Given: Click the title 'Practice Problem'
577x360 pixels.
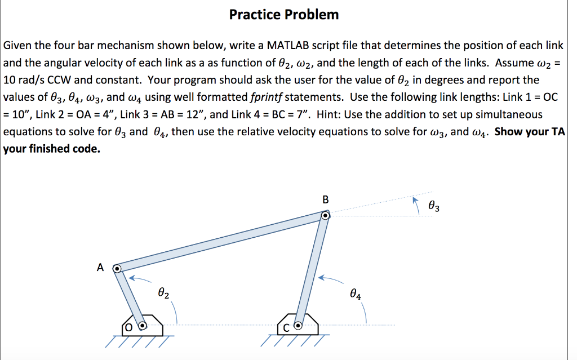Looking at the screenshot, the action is (284, 15).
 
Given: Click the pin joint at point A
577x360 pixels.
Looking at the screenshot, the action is (117, 269).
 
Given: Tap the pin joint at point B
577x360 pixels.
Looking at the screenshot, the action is (325, 216).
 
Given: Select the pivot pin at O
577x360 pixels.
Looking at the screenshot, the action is (143, 325).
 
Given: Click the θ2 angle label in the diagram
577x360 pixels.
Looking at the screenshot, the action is (163, 293).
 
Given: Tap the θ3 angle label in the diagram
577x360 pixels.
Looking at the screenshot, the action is (434, 207).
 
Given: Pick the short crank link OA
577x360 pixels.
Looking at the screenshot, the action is (130, 297).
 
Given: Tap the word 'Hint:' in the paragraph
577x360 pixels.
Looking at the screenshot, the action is (330, 114).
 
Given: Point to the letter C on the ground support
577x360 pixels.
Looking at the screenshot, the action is (285, 326).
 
